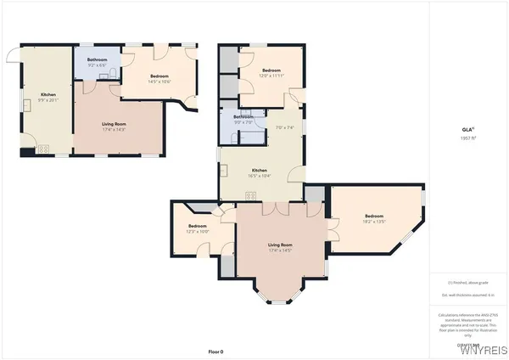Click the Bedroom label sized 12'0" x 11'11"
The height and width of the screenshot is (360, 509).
point(271,71)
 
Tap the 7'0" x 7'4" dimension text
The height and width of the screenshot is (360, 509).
point(285,127)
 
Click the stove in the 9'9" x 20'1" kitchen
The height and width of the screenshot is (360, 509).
point(43,149)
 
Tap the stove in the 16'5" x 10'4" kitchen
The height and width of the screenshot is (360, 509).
point(250,196)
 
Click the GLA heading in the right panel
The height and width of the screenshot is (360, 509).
point(466,129)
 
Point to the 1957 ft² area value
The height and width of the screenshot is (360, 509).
point(466,138)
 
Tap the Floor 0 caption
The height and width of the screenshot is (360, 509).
point(216,351)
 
